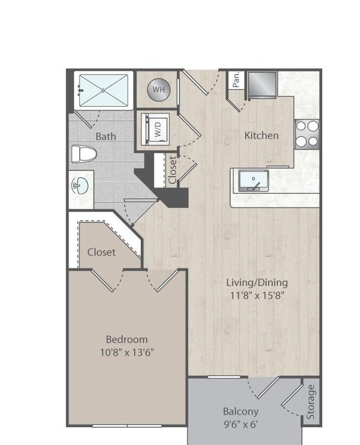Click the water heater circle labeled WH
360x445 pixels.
pyautogui.click(x=158, y=90)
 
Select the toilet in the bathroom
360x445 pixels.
pyautogui.click(x=84, y=154)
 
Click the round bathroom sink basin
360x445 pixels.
pyautogui.click(x=80, y=186)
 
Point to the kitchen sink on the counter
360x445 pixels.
pyautogui.click(x=253, y=180)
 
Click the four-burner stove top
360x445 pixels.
pyautogui.click(x=307, y=134)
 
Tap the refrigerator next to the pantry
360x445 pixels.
pyautogui.click(x=262, y=85)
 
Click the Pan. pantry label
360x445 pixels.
pyautogui.click(x=236, y=79)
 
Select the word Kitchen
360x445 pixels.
pyautogui.click(x=261, y=136)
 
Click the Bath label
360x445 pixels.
pyautogui.click(x=106, y=136)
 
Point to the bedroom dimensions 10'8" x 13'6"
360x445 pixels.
pyautogui.click(x=127, y=353)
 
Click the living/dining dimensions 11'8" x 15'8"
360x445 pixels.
pyautogui.click(x=257, y=296)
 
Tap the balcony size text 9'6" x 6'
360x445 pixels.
pyautogui.click(x=241, y=425)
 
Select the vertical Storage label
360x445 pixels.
pyautogui.click(x=311, y=402)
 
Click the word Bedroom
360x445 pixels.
pyautogui.click(x=127, y=339)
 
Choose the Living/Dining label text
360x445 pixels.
pyautogui.click(x=257, y=283)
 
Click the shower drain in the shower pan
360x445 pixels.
pyautogui.click(x=104, y=90)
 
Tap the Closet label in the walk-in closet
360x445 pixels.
pyautogui.click(x=101, y=252)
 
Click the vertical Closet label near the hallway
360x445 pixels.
pyautogui.click(x=172, y=170)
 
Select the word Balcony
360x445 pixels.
pyautogui.click(x=241, y=411)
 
